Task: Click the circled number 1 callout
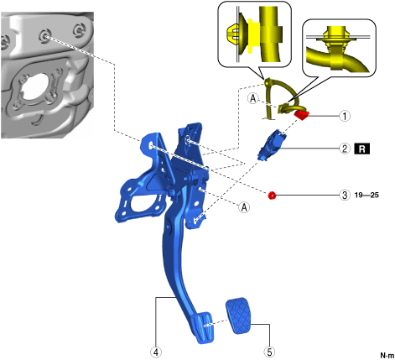click(345, 116)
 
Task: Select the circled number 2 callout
click(345, 149)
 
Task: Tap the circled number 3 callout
click(345, 195)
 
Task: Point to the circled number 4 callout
click(156, 352)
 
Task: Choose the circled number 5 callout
click(269, 352)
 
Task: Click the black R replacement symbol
click(362, 149)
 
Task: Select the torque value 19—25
click(366, 195)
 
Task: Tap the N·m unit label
click(387, 355)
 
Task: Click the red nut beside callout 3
click(272, 196)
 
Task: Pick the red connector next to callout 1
click(301, 115)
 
